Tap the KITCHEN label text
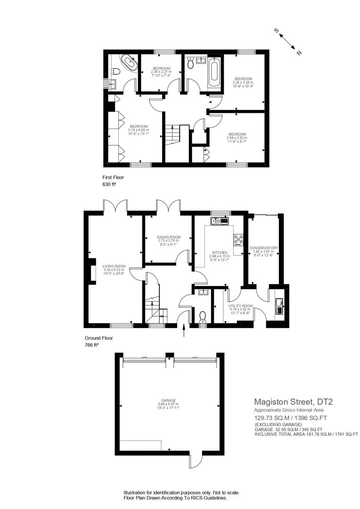tap(220, 253)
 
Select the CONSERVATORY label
tap(264, 248)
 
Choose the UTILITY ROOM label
tap(241, 306)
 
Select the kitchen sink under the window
tap(220, 221)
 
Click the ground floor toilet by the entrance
tap(203, 316)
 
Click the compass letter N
tap(298, 53)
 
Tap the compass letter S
tap(278, 32)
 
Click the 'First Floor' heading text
tap(113, 177)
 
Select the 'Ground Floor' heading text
tap(98, 338)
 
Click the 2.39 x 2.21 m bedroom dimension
tap(161, 72)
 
